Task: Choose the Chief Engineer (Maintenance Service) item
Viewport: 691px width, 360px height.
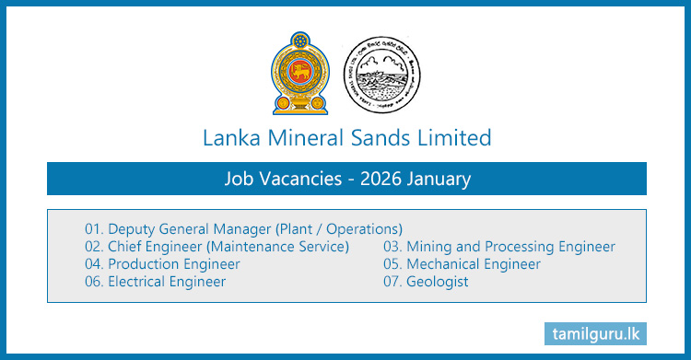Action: click(x=217, y=246)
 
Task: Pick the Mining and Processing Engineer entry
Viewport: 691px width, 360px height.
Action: click(x=498, y=246)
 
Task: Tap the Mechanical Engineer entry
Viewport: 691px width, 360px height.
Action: click(x=462, y=263)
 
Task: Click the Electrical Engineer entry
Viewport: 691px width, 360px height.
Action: click(x=155, y=281)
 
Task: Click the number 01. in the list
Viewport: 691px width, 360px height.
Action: click(x=94, y=228)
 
